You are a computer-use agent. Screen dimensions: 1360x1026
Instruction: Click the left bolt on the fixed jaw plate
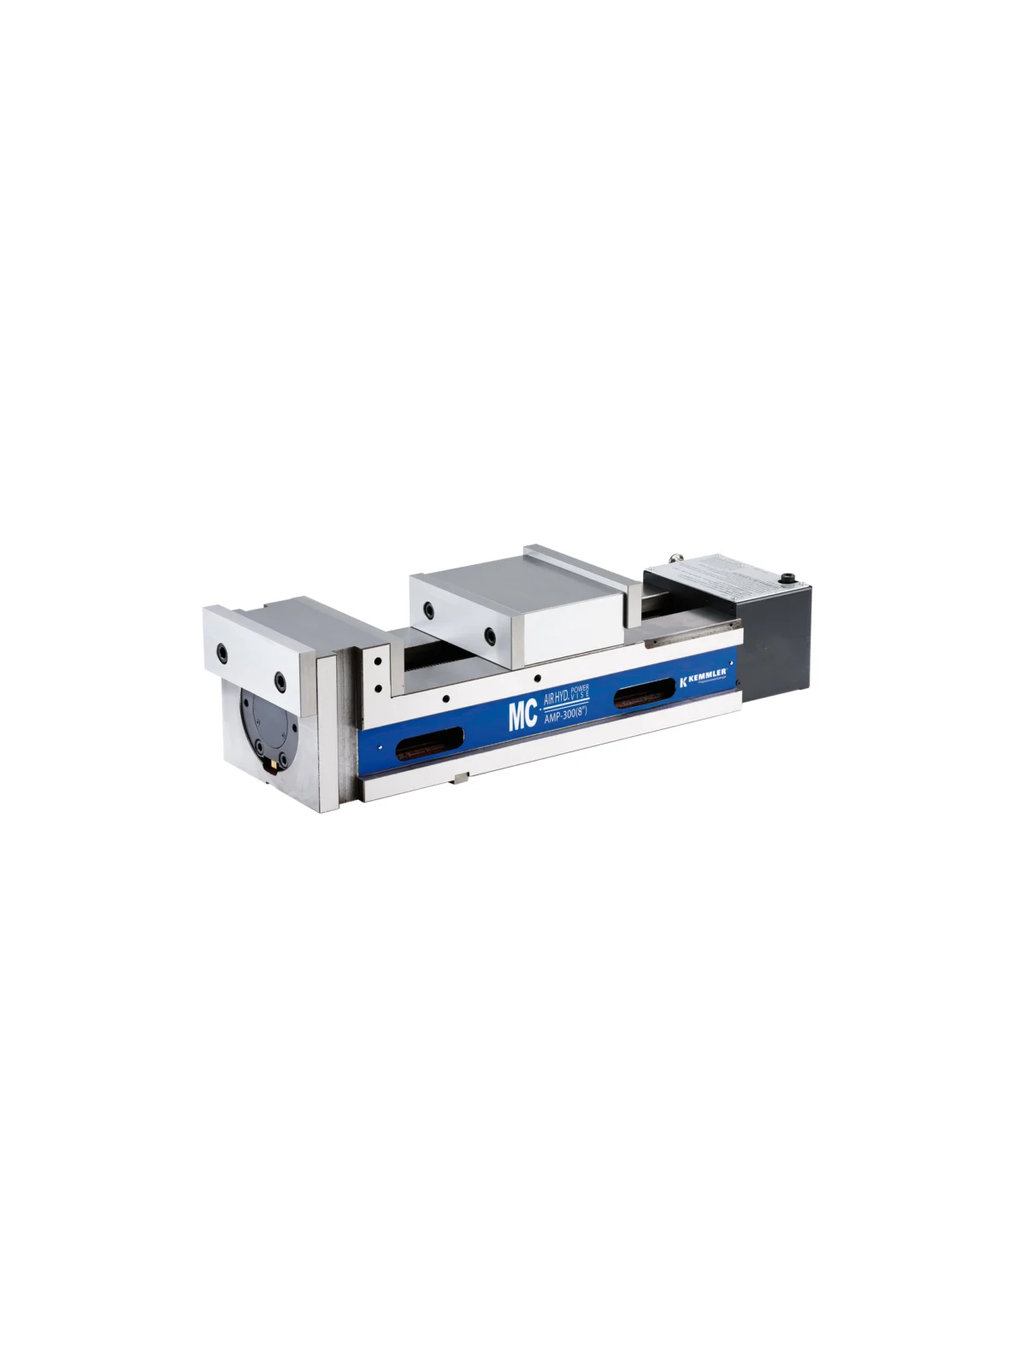coord(222,652)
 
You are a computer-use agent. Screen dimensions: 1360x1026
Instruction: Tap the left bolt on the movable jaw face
coord(428,609)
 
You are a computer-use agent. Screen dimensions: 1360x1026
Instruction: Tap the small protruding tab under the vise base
coord(462,779)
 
